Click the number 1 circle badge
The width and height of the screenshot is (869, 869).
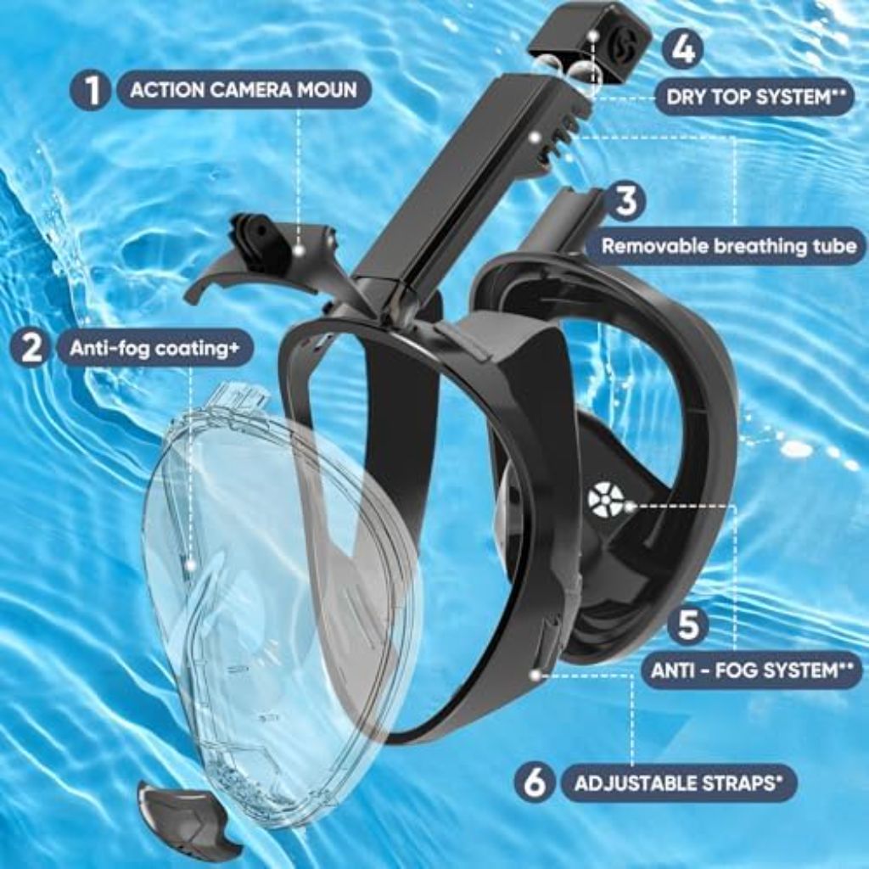tap(91, 90)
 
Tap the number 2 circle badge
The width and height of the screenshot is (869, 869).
tap(31, 348)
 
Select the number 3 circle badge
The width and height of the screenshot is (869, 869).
tap(625, 202)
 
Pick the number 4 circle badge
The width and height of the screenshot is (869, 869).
tap(683, 49)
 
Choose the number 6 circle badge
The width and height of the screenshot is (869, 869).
tap(534, 782)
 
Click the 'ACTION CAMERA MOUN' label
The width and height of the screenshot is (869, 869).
tap(243, 90)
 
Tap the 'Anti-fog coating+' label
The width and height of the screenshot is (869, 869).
tap(154, 348)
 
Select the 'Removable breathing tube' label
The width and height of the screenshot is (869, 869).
tap(728, 246)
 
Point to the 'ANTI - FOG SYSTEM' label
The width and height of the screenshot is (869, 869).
tap(751, 670)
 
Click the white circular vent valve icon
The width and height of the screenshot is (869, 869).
tap(605, 500)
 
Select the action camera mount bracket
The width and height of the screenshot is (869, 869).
tap(263, 255)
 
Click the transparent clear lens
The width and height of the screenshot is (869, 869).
tap(280, 594)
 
